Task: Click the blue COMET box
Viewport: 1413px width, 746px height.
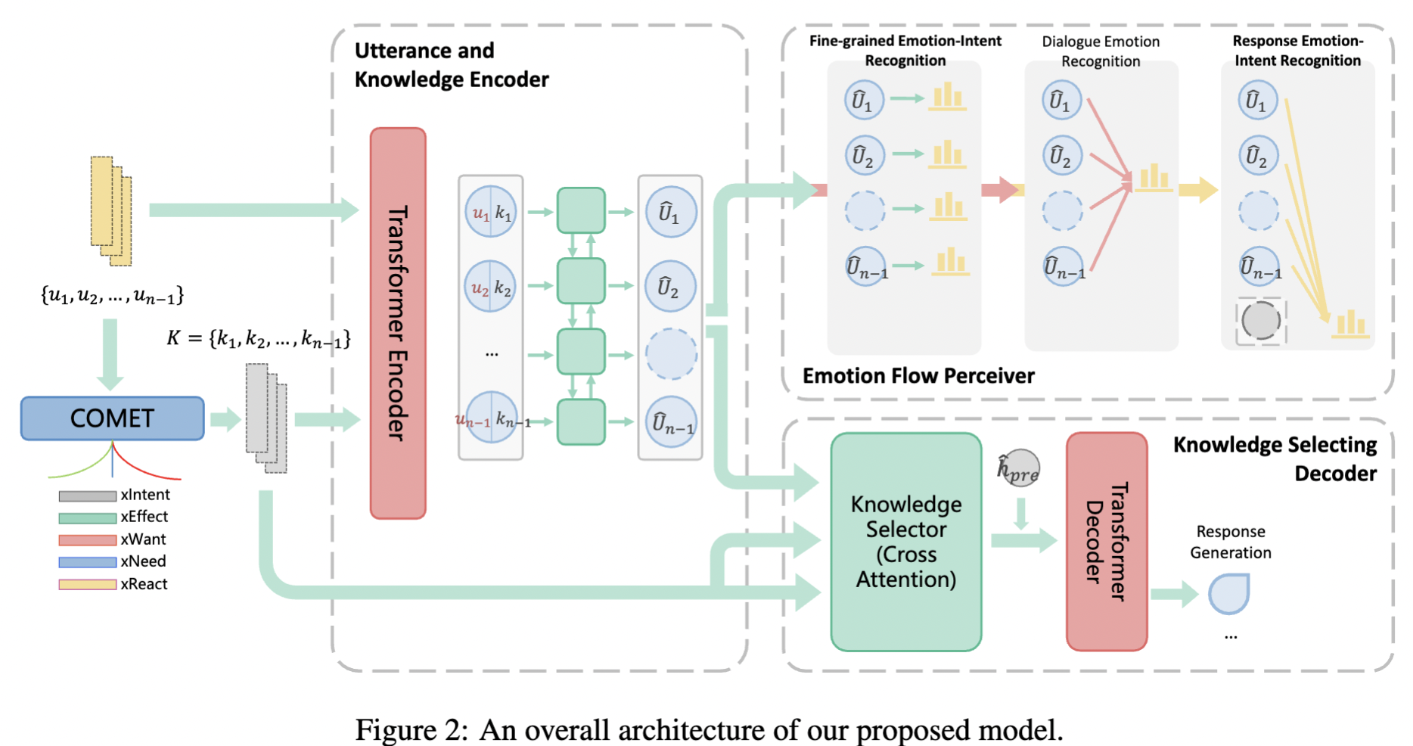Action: (x=112, y=418)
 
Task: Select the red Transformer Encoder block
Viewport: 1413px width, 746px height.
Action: (x=398, y=323)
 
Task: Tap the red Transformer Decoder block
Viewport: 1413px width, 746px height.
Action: (x=1106, y=541)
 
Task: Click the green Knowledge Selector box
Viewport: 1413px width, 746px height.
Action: (x=905, y=542)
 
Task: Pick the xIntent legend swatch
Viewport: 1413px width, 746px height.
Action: (x=88, y=496)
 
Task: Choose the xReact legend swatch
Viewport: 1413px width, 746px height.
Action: (x=88, y=585)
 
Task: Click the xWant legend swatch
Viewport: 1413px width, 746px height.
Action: (x=88, y=540)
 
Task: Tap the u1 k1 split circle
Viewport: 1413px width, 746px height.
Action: (x=490, y=212)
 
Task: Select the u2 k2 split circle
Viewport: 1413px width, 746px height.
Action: (x=490, y=287)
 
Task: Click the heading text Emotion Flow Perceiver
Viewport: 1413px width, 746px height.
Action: (x=918, y=376)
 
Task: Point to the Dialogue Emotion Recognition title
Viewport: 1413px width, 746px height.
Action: (x=1100, y=51)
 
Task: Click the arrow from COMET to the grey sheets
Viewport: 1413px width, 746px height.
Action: (x=225, y=419)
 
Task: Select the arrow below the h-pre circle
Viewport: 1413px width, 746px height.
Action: (x=1020, y=514)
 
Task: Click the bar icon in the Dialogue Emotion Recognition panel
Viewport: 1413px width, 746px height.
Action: (x=1154, y=179)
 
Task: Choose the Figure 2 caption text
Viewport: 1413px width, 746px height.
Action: (x=709, y=729)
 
